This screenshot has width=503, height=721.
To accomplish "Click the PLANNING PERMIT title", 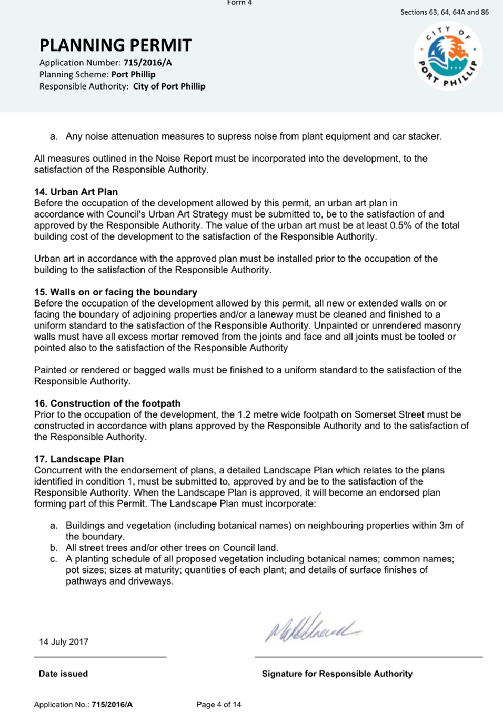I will point(115,45).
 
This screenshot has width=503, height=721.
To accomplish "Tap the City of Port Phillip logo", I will point(448,56).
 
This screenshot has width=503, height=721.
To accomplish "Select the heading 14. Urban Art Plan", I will point(76,192).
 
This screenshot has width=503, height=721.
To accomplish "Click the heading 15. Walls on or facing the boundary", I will point(116,292).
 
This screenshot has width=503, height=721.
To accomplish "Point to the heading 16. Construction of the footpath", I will point(107,403).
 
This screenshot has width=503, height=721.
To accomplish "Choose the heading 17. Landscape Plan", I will point(79,459).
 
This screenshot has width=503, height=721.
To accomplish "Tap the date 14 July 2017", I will point(64,642).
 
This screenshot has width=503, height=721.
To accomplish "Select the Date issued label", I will point(63,674).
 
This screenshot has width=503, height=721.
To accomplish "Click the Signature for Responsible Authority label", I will point(337,674).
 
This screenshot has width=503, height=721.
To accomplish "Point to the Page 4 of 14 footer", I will point(218,705).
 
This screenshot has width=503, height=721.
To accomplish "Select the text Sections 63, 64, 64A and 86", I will point(444,12).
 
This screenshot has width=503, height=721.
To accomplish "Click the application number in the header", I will point(147,63).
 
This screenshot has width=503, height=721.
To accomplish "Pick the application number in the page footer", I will point(112,705).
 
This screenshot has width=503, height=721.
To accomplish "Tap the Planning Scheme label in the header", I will point(74,75).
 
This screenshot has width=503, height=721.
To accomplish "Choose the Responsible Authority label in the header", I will point(83,86).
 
